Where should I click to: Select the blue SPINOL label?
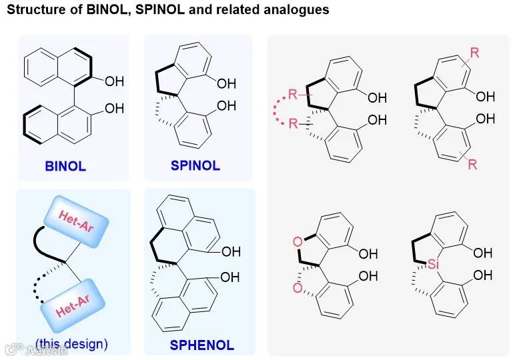point(195,165)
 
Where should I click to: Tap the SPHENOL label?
point(201,345)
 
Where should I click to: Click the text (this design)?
point(71,345)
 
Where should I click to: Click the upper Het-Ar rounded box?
point(75,219)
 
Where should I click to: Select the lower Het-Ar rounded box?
point(74,301)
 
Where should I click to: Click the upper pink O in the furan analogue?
point(297,241)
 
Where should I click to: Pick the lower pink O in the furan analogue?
point(297,288)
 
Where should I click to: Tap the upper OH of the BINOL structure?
point(114,82)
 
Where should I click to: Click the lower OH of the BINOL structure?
point(114,109)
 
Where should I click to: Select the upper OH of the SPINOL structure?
point(226,83)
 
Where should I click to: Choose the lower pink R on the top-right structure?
point(472,164)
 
